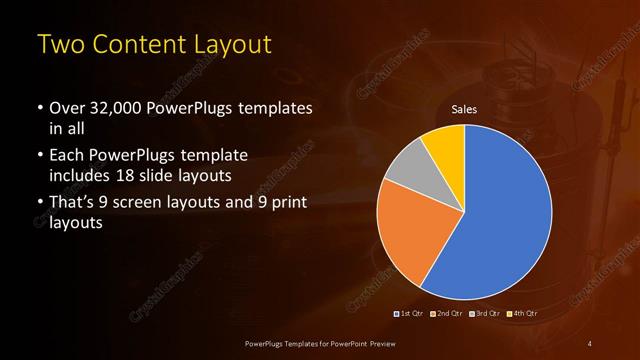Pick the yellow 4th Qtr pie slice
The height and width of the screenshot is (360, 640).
tap(444, 143)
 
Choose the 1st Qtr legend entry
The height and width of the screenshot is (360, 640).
tap(409, 313)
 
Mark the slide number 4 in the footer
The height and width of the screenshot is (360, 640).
tap(591, 343)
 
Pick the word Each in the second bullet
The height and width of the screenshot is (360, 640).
tap(66, 156)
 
